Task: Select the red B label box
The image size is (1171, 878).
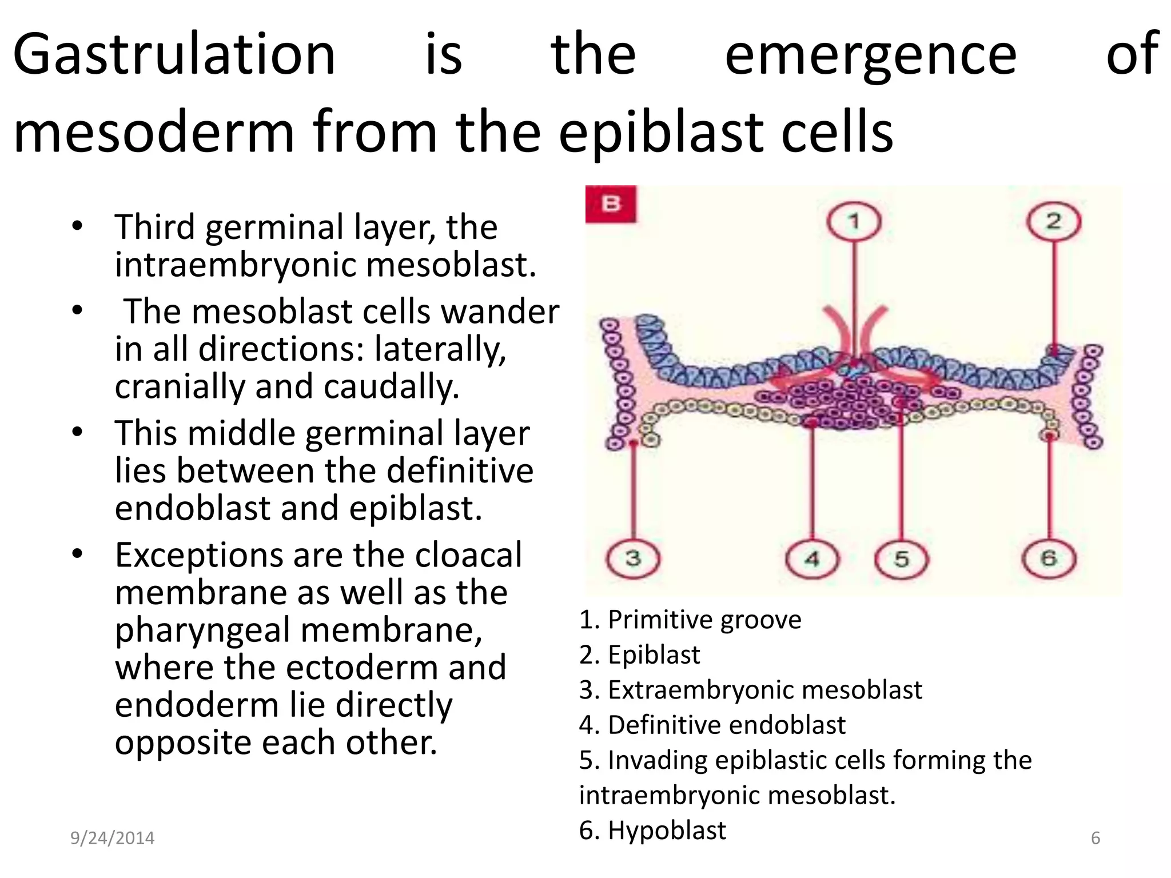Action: click(x=611, y=204)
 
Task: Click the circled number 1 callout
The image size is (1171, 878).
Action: click(x=854, y=222)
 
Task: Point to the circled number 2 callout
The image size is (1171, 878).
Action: click(x=1054, y=222)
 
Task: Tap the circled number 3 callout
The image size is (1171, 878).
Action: click(x=633, y=558)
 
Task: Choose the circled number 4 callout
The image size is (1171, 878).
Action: click(x=812, y=558)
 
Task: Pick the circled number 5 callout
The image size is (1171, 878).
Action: click(x=902, y=558)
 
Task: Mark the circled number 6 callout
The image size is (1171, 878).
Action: click(x=1048, y=558)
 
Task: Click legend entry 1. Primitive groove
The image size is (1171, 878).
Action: click(x=690, y=620)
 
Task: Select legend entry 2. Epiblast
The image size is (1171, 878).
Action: click(x=639, y=654)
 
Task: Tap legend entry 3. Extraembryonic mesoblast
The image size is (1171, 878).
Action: click(x=750, y=690)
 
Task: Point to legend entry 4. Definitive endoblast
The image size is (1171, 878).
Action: click(x=712, y=725)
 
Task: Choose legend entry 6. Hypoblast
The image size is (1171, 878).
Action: click(x=652, y=830)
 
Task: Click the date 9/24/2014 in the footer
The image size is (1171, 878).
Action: click(x=112, y=838)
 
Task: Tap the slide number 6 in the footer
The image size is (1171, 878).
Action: click(x=1096, y=838)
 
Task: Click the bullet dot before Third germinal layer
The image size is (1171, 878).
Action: click(x=78, y=226)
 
